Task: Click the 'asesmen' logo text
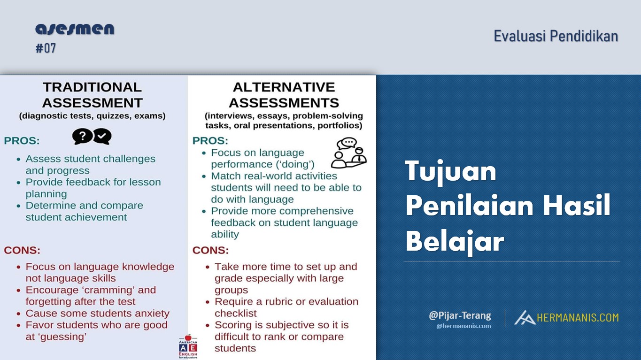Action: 75,29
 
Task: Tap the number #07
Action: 46,48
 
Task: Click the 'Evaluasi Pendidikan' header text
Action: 556,36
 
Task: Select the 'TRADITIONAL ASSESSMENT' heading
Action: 92,95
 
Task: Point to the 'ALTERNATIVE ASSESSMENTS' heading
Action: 284,95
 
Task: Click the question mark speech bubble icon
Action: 82,136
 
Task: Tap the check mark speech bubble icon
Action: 102,137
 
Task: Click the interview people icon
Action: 348,153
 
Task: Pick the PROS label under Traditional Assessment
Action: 22,141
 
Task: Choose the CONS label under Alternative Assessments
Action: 210,250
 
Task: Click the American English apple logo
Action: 188,346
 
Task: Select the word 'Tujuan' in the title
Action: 451,171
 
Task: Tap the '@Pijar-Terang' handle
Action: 460,315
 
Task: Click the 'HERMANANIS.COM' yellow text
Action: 578,318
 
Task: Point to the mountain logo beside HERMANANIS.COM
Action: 525,317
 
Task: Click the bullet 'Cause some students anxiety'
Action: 97,314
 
